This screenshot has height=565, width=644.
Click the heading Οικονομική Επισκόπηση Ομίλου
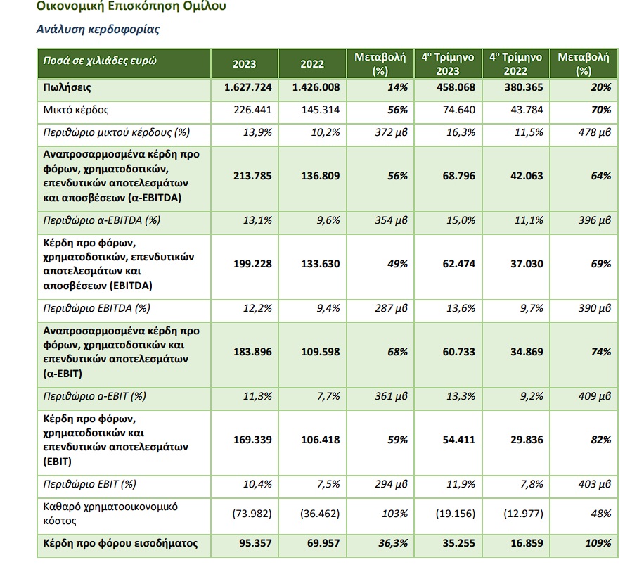(x=131, y=6)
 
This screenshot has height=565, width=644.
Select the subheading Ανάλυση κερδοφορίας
(x=98, y=30)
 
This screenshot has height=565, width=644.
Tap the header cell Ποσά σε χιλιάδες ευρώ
(x=100, y=61)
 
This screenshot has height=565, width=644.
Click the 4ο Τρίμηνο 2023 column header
(x=448, y=64)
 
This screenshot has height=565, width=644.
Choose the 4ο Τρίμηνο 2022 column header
(x=515, y=64)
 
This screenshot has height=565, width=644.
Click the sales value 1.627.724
(x=248, y=87)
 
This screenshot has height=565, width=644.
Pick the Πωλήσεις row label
(x=67, y=87)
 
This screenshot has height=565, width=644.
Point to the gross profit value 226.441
(x=252, y=110)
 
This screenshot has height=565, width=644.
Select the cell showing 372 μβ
(x=391, y=132)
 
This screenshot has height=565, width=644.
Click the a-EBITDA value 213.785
(x=252, y=176)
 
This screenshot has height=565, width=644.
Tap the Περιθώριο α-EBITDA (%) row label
(x=101, y=220)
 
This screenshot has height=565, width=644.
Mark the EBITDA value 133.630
(x=321, y=264)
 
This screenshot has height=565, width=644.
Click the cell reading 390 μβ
(x=595, y=308)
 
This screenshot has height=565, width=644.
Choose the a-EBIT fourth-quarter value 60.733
(x=459, y=352)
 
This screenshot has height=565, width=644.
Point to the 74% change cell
(x=601, y=352)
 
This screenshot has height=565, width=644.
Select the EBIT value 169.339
(x=252, y=440)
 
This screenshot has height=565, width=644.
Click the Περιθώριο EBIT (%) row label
(x=89, y=484)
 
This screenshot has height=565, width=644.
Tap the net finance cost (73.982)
(x=252, y=514)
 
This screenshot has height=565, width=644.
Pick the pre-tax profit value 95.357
(x=255, y=543)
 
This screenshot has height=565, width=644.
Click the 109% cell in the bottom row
(x=598, y=543)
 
